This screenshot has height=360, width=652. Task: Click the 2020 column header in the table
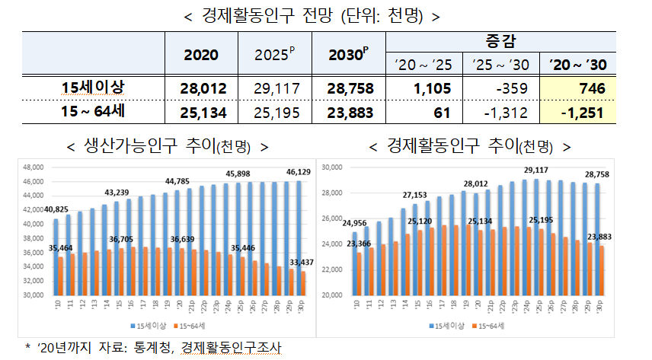pyautogui.click(x=201, y=55)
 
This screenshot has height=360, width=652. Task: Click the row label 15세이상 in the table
pyautogui.click(x=93, y=88)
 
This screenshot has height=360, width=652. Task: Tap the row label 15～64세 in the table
pyautogui.click(x=93, y=113)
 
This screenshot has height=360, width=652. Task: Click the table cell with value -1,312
pyautogui.click(x=500, y=113)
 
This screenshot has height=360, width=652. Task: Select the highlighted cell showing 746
pyautogui.click(x=591, y=88)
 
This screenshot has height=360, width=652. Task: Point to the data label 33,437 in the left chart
pyautogui.click(x=298, y=261)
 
